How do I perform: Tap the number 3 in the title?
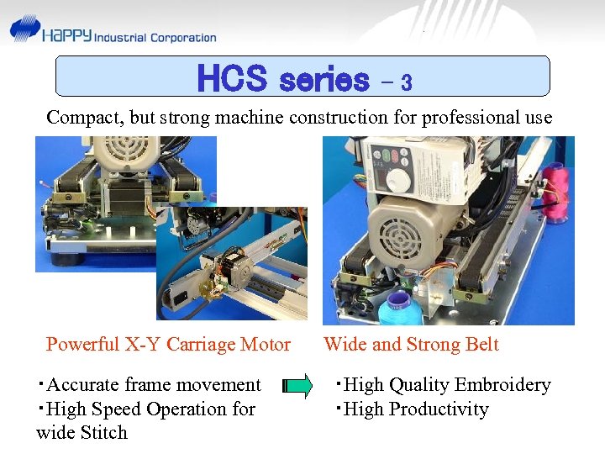tap(406, 82)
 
